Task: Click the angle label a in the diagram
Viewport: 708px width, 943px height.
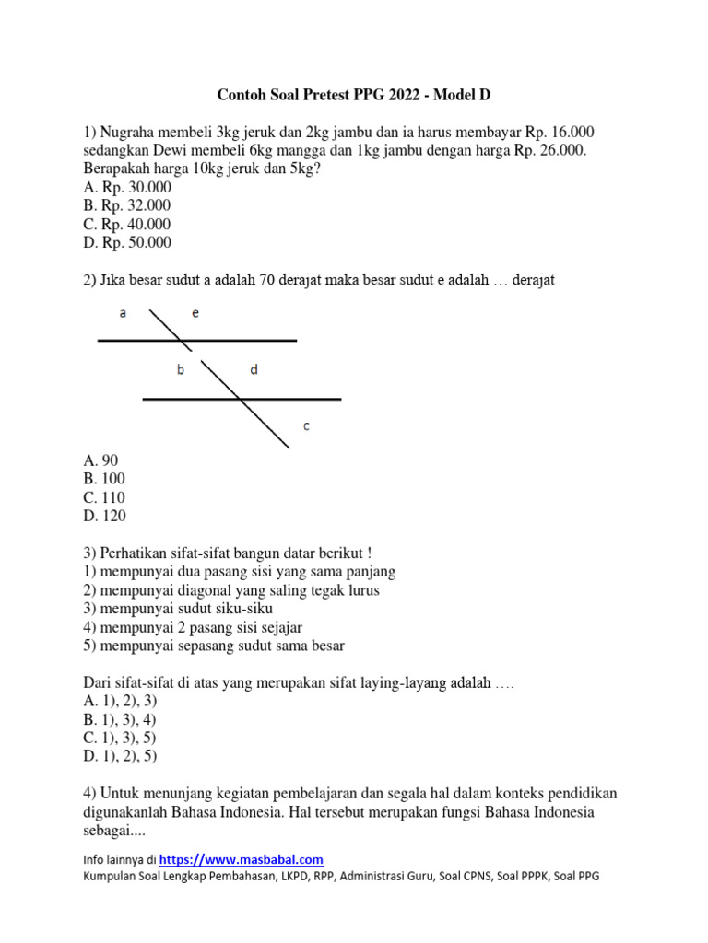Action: point(123,314)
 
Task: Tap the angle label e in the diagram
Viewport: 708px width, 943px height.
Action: point(195,314)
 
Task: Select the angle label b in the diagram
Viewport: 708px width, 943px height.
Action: point(181,370)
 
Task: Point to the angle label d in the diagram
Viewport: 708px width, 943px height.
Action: point(254,370)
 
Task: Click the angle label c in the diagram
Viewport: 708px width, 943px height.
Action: point(307,425)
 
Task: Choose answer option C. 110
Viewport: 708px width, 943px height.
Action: point(104,497)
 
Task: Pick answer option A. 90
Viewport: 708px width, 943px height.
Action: point(100,460)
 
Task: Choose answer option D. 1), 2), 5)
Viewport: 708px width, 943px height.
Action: point(120,756)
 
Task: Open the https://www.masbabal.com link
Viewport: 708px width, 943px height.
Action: point(242,859)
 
